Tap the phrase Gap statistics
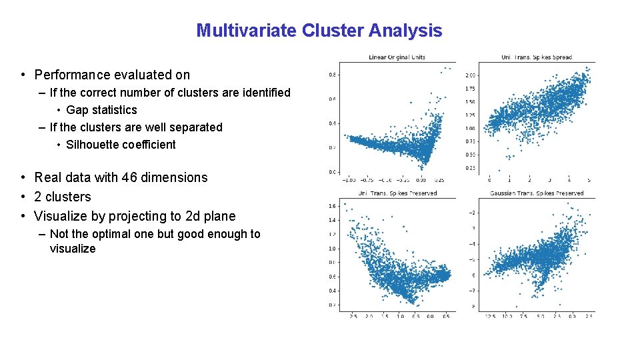coord(101,110)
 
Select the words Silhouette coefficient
coord(121,145)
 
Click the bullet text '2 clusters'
coord(62,197)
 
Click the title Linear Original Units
coord(397,57)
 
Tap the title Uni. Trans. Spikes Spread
coord(536,57)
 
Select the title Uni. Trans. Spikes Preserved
coord(397,193)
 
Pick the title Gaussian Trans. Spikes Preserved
coord(536,193)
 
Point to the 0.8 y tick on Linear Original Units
coord(332,75)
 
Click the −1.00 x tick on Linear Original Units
coord(348,180)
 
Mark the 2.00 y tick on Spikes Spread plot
coord(470,75)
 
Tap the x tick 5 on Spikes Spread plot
coord(589,180)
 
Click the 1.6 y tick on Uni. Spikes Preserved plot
coord(332,205)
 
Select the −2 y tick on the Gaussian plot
coord(472,213)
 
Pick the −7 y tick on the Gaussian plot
coord(472,291)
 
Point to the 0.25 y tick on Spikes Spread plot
coord(470,168)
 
